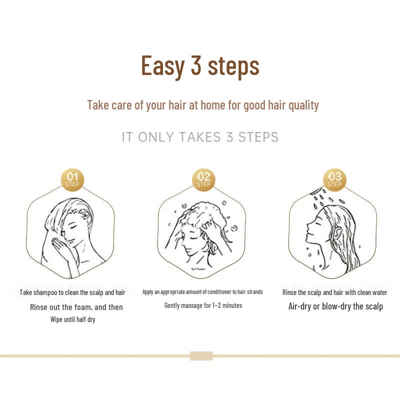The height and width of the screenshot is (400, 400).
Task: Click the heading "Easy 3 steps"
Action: click(x=200, y=65)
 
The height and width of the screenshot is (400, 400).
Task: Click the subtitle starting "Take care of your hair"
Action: click(x=202, y=105)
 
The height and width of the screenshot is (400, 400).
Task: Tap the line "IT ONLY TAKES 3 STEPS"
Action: click(x=200, y=137)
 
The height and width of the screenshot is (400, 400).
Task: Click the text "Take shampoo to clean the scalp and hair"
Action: click(x=72, y=292)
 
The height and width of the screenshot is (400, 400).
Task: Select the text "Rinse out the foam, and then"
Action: click(x=76, y=306)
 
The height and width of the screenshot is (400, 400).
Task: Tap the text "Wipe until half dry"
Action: click(x=72, y=319)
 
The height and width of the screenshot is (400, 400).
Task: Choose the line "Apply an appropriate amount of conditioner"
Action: click(x=202, y=292)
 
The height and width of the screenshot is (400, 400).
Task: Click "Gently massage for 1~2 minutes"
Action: click(x=203, y=305)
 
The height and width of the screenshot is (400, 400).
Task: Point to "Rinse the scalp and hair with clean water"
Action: click(x=334, y=292)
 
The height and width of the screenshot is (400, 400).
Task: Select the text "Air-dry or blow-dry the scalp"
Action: click(x=335, y=306)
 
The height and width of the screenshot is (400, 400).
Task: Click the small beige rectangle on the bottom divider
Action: click(x=201, y=356)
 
